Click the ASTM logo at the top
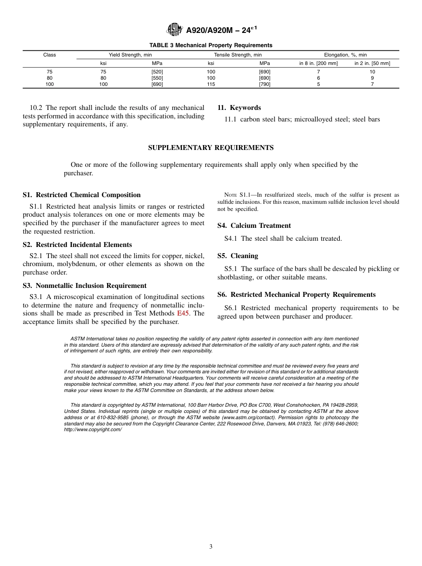pyautogui.click(x=174, y=30)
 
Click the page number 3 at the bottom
pyautogui.click(x=211, y=547)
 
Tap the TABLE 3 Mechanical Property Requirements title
pyautogui.click(x=211, y=45)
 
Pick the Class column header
pyautogui.click(x=50, y=55)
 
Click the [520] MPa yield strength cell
pyautogui.click(x=157, y=72)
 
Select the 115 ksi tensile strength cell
pyautogui.click(x=211, y=84)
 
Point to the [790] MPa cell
pyautogui.click(x=265, y=84)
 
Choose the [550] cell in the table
pyautogui.click(x=157, y=78)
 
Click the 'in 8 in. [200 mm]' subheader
pyautogui.click(x=318, y=63)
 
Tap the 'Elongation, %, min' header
pyautogui.click(x=345, y=55)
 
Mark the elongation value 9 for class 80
pyautogui.click(x=372, y=78)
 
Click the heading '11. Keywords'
pyautogui.click(x=239, y=108)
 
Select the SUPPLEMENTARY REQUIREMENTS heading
pyautogui.click(x=211, y=148)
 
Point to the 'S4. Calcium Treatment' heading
pyautogui.click(x=254, y=226)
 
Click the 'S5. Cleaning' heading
pyautogui.click(x=238, y=256)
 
